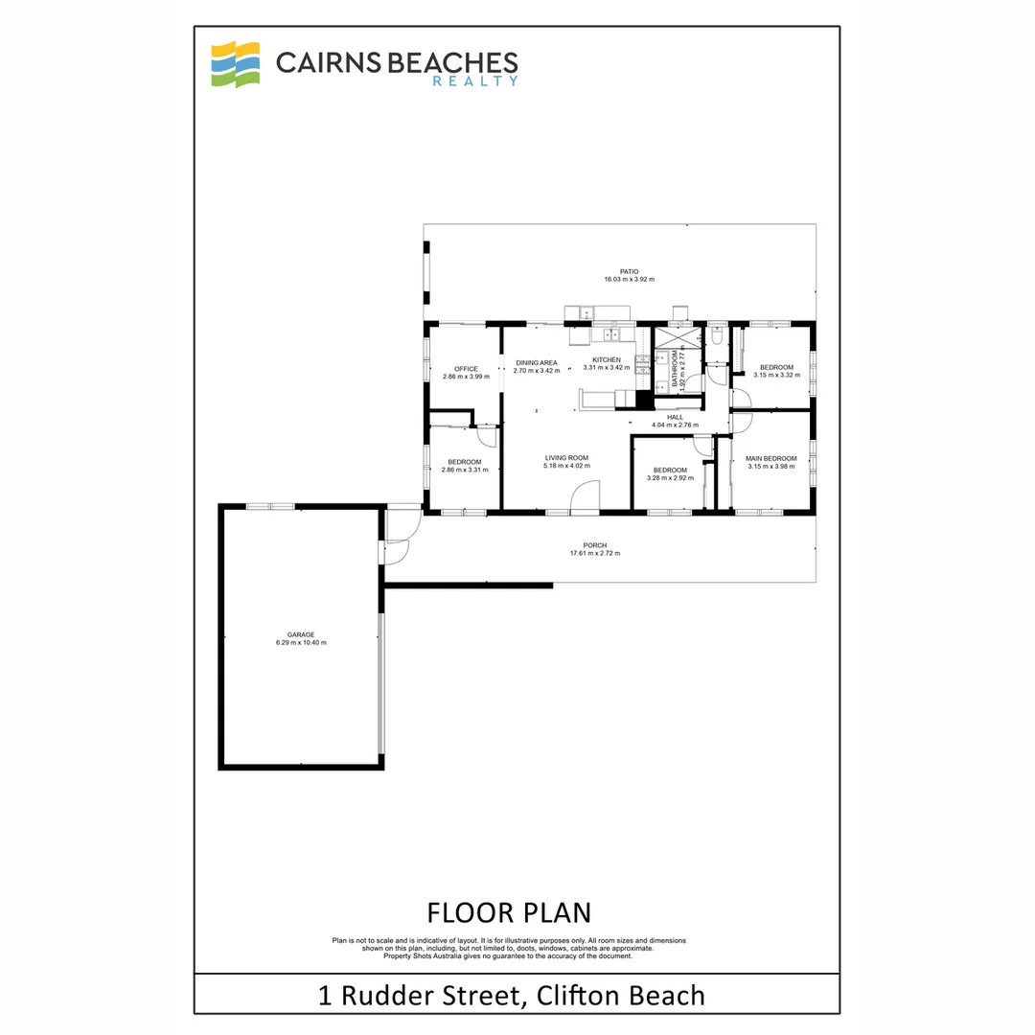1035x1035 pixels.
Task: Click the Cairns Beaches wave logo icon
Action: coord(236,64)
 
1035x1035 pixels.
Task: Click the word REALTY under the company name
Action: coord(475,82)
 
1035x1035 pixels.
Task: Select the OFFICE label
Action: coord(466,369)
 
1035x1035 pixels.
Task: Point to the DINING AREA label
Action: coord(536,363)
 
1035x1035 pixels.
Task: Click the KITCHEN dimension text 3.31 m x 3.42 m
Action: coord(607,368)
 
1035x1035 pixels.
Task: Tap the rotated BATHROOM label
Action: coord(675,368)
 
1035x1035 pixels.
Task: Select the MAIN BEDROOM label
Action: coord(771,459)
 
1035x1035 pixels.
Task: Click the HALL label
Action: coord(675,418)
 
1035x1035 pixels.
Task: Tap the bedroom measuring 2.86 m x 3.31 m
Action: coord(465,466)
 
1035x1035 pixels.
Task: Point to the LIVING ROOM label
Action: coord(566,458)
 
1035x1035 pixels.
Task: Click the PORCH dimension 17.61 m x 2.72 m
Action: coord(595,554)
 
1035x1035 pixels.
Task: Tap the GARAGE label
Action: coord(301,634)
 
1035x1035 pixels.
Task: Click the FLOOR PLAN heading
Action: coord(509,911)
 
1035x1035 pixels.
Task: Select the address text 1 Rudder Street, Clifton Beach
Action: coord(511,995)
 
